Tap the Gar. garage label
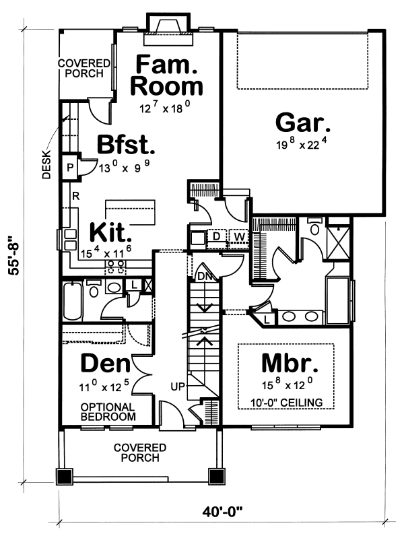tap(303, 125)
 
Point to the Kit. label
tap(110, 234)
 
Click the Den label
tap(105, 364)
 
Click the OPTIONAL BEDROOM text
tap(108, 412)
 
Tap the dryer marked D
tap(217, 236)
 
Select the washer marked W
tap(238, 236)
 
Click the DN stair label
tap(205, 276)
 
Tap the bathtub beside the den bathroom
tap(73, 301)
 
